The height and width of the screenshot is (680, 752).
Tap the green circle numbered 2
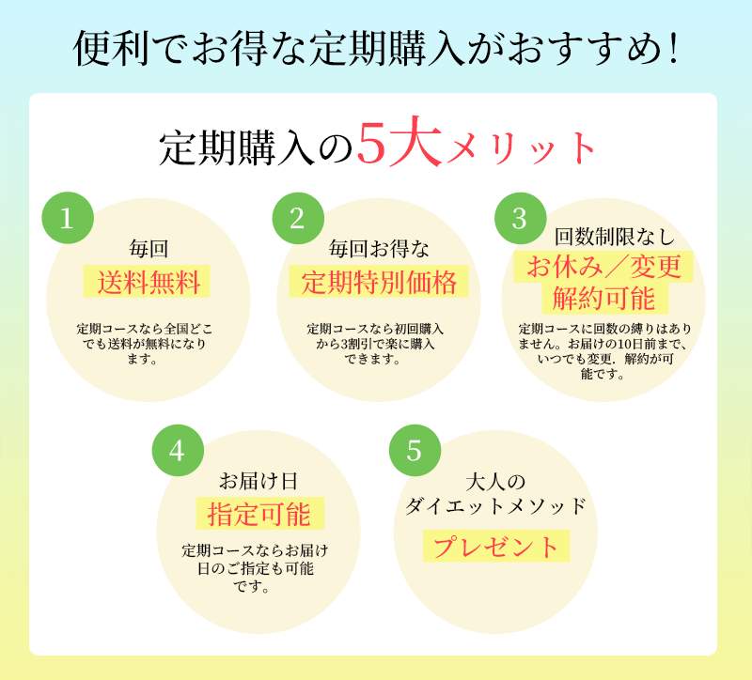(x=297, y=219)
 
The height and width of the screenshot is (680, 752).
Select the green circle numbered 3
(x=520, y=219)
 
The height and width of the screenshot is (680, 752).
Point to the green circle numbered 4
(x=178, y=451)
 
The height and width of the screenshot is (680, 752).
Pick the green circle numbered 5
(x=414, y=451)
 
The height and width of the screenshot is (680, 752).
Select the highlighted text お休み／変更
(x=603, y=267)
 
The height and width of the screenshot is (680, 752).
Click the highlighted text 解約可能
(x=603, y=300)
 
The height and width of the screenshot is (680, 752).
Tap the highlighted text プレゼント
(x=495, y=546)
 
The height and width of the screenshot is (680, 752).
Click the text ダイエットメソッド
(x=495, y=507)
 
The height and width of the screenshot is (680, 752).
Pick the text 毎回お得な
(x=379, y=249)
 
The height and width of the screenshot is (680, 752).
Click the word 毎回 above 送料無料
(x=148, y=249)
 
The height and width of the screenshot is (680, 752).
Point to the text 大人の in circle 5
(x=494, y=482)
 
